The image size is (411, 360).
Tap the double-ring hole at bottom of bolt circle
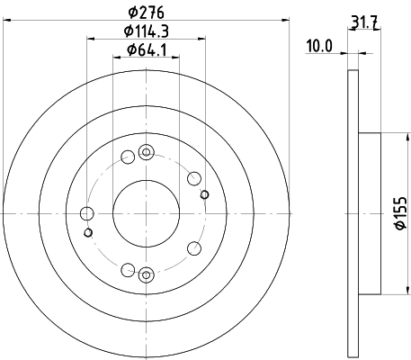[x=147, y=274]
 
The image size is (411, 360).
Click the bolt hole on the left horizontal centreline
[x=87, y=213]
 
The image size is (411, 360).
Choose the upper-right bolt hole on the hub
[x=193, y=178]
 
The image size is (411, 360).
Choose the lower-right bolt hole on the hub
[x=193, y=248]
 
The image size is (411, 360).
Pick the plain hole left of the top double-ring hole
[x=127, y=157]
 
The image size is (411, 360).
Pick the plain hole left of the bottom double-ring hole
[x=127, y=268]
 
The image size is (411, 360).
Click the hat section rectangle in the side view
[x=370, y=213]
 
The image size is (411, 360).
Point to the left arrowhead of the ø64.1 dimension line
[x=115, y=57]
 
